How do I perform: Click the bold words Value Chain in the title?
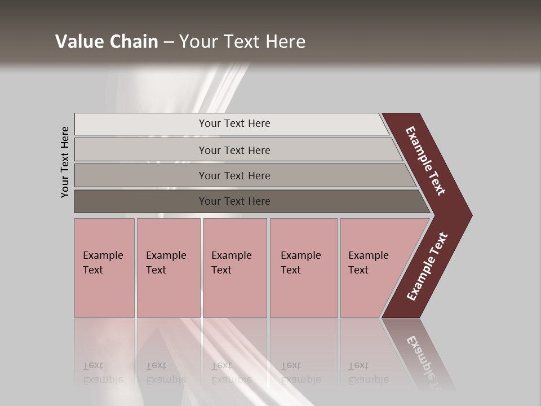[107, 42]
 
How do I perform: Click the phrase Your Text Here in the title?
[242, 42]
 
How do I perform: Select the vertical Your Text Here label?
[65, 162]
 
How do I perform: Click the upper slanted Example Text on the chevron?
[425, 161]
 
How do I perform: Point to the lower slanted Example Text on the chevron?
[427, 267]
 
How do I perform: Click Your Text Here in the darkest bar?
[234, 201]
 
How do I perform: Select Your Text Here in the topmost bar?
[234, 123]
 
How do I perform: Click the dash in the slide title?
[168, 42]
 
